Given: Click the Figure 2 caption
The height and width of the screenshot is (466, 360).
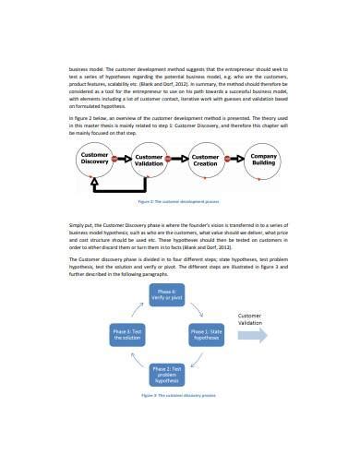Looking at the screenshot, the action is pyautogui.click(x=179, y=202).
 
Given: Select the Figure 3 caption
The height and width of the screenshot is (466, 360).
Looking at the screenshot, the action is pyautogui.click(x=179, y=395).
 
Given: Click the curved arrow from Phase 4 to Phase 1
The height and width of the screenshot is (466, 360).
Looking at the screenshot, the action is pyautogui.click(x=198, y=305).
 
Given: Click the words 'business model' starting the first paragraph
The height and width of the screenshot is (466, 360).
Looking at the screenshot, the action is pyautogui.click(x=85, y=68).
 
